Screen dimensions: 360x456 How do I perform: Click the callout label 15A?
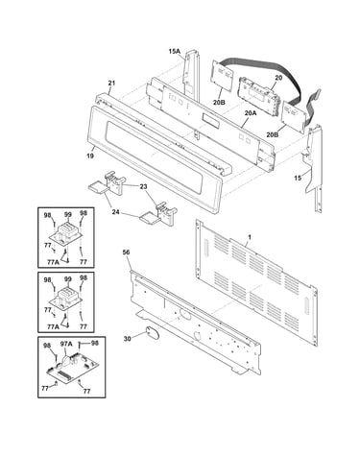tap(175, 51)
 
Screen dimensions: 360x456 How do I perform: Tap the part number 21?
tap(111, 84)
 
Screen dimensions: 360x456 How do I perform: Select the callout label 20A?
tap(251, 112)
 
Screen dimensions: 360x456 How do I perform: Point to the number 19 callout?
tap(90, 156)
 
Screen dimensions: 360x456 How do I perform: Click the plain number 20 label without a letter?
tap(278, 78)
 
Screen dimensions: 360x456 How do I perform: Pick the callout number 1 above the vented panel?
tap(250, 237)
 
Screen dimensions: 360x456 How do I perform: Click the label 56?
tap(126, 252)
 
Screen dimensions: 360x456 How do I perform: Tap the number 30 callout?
tap(128, 338)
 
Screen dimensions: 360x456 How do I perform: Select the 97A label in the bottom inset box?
tap(66, 344)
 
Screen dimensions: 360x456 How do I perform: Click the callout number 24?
tap(115, 211)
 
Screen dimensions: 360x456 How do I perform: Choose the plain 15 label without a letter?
tap(298, 178)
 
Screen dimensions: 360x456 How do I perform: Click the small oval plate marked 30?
tap(152, 333)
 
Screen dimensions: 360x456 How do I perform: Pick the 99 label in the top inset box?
tap(67, 215)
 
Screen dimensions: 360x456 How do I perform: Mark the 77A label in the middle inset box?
tap(53, 326)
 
